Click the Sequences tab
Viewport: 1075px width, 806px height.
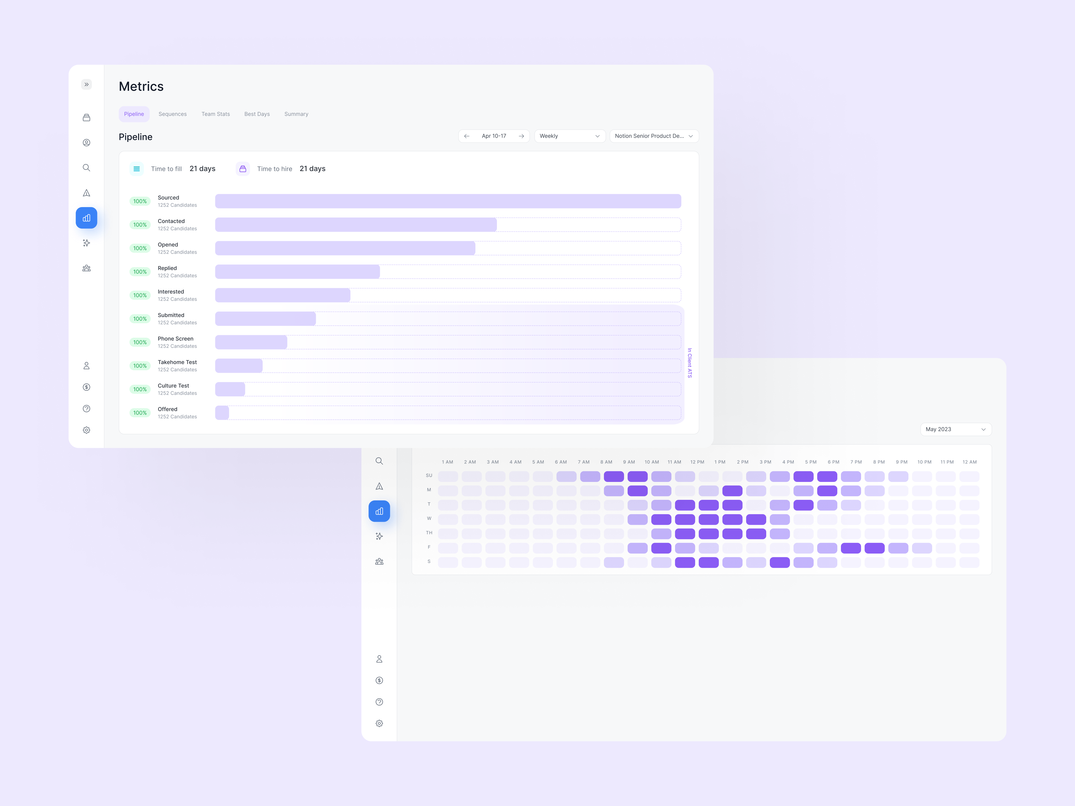tap(172, 114)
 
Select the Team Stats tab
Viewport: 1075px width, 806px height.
tap(216, 114)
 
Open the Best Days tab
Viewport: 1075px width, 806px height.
tap(257, 114)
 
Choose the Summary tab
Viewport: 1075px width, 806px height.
tap(296, 114)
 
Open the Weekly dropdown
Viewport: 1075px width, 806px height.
tap(570, 136)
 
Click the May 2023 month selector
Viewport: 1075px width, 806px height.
tap(955, 430)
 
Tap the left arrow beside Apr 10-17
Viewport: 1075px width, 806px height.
tap(467, 136)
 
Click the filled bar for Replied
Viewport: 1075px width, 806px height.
tap(297, 271)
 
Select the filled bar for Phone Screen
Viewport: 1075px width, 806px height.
tap(251, 342)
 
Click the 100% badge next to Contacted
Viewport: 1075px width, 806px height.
tap(140, 225)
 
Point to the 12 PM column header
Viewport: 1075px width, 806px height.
tap(697, 462)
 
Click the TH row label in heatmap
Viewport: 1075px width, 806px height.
tap(429, 533)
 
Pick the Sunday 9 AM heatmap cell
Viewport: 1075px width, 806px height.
tap(638, 477)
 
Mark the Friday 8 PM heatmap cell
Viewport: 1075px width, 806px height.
tap(875, 548)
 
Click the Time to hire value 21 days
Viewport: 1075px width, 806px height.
tap(312, 168)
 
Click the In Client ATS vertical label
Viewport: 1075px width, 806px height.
tap(690, 363)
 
